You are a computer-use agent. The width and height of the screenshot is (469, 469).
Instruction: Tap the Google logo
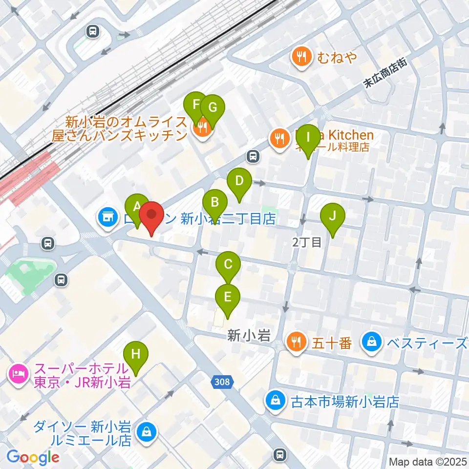point(33,457)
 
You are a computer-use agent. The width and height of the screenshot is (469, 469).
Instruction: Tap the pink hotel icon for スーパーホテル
point(18,375)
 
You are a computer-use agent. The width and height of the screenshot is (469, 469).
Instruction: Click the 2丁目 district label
point(306,242)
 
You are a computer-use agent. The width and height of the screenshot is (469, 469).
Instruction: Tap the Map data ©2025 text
point(427,461)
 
